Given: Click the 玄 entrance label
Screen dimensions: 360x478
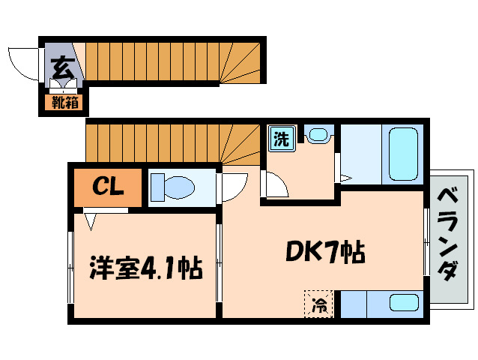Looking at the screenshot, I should pos(63,66).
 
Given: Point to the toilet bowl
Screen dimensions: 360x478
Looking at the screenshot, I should pos(173,184).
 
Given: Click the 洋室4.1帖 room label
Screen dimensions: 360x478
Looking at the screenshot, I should pos(145,268).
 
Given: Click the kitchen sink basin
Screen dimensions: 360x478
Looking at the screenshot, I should pos(404,304).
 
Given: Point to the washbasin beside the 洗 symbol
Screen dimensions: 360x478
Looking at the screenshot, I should pos(318,135).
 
